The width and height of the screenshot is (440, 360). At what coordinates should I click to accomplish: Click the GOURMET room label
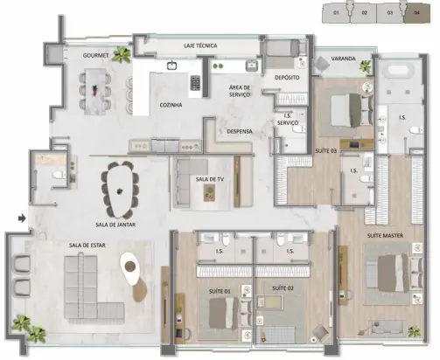(95, 55)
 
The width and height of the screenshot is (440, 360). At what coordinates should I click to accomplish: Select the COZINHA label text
(170, 105)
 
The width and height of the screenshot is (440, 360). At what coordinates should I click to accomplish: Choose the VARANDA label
(343, 60)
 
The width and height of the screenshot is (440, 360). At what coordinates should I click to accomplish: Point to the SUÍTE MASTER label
(385, 235)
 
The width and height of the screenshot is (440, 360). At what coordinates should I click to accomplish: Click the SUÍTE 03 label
(325, 150)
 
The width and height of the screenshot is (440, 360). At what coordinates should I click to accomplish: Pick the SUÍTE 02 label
(281, 287)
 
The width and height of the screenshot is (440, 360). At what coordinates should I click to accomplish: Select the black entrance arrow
(22, 215)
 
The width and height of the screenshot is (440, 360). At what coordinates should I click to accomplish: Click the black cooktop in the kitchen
(195, 84)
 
